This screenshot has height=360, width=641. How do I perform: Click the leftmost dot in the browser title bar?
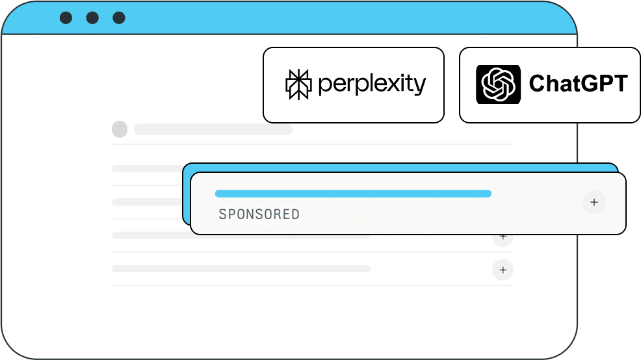pos(66,18)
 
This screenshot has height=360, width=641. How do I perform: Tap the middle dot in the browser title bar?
pos(92,18)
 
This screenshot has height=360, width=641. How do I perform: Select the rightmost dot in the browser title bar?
pos(119,18)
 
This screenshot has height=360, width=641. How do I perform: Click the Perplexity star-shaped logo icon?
pos(298,84)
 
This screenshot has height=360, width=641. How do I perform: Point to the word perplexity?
pos(372,84)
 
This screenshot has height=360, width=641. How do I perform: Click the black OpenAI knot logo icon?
pos(498,84)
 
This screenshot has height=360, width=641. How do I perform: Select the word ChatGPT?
pos(578,83)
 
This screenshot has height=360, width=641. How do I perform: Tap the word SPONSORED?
pos(259,214)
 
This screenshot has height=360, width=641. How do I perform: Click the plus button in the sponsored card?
pos(594,202)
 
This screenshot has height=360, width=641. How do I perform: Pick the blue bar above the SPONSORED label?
pos(353,194)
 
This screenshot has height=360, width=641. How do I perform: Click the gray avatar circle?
pos(120,129)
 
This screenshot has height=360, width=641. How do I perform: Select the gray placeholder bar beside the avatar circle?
pos(213,129)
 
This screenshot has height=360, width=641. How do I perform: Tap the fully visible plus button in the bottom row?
pos(503,270)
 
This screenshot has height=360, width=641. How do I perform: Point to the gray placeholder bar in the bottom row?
pos(241,269)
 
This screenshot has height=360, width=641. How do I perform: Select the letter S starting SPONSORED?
pos(222,214)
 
